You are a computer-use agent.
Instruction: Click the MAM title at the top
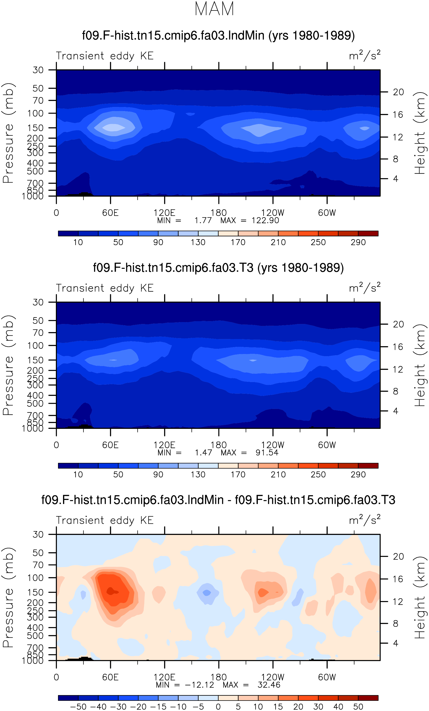214,9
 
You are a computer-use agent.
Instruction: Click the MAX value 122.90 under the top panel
265,221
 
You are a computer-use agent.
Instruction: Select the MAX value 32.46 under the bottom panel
269,685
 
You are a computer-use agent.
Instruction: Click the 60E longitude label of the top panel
111,213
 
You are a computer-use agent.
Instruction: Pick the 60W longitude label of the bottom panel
327,678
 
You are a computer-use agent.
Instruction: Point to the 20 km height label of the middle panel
398,324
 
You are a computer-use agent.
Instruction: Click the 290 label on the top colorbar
358,242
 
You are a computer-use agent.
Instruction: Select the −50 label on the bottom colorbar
78,707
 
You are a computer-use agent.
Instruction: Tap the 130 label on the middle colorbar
198,475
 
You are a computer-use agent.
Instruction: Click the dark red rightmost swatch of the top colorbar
368,233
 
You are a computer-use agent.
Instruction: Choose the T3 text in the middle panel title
246,268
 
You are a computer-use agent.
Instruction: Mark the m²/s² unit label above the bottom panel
365,520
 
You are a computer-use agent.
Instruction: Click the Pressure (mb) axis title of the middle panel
9,365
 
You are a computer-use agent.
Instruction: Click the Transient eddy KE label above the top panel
105,56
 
